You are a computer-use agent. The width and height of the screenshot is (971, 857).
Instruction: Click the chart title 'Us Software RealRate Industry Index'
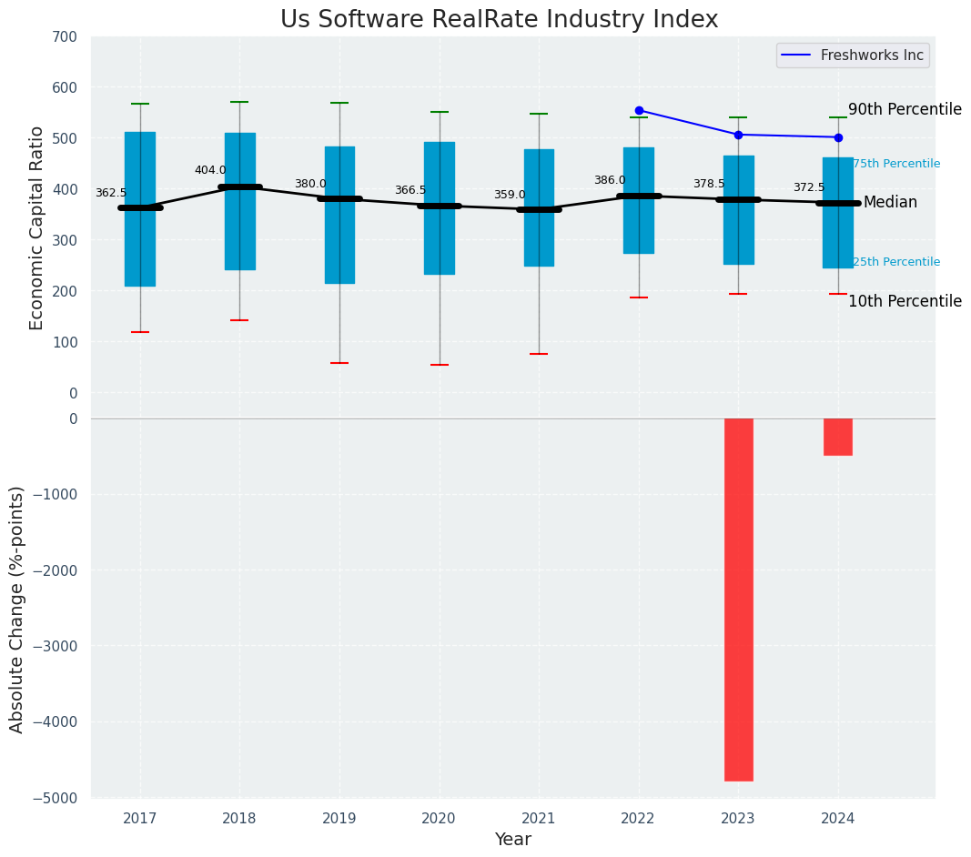coord(499,20)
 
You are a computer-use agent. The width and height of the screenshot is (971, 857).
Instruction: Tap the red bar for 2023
coord(738,600)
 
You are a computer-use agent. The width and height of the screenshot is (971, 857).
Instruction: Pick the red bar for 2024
coord(838,437)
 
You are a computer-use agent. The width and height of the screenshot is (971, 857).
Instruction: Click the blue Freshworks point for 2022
coord(639,110)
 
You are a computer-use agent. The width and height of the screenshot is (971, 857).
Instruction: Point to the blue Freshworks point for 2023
coord(738,135)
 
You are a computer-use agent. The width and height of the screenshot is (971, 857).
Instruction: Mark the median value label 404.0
coord(210,170)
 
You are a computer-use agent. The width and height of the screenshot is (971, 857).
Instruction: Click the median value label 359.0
coord(510,195)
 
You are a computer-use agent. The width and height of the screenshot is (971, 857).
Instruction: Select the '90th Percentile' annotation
coord(905,109)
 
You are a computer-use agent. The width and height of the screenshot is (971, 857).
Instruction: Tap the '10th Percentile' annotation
coord(905,301)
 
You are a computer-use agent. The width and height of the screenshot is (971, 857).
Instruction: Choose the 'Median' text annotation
coord(890,202)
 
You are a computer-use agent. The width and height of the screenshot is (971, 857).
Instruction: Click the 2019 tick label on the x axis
coord(339,819)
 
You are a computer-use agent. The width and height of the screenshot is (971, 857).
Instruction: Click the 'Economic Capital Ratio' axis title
coord(37,227)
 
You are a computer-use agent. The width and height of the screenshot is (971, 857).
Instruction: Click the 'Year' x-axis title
coord(513,840)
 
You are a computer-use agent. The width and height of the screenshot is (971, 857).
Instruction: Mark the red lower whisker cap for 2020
coord(440,365)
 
